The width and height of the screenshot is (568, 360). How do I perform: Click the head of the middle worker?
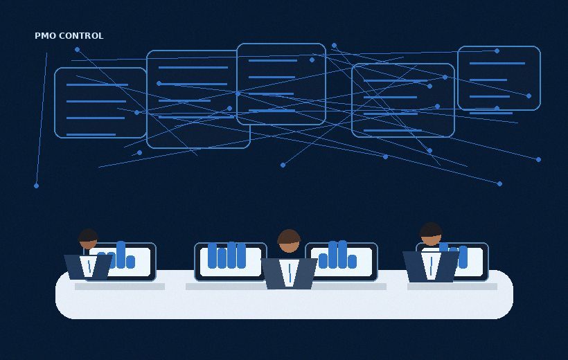pyautogui.click(x=289, y=241)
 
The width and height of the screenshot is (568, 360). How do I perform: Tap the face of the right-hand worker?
pyautogui.click(x=431, y=240)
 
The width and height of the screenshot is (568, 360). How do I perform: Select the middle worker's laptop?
pyautogui.click(x=289, y=273)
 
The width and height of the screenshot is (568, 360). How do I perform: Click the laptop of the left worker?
pyautogui.click(x=88, y=267)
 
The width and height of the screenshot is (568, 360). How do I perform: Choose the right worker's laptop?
pyautogui.click(x=431, y=267)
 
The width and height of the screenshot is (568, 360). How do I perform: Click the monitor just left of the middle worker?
pyautogui.click(x=231, y=262)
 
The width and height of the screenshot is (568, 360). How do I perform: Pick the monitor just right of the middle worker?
pyautogui.click(x=341, y=262)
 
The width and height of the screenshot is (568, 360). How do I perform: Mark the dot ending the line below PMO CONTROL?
pyautogui.click(x=36, y=186)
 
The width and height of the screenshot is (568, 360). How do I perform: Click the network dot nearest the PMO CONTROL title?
pyautogui.click(x=77, y=50)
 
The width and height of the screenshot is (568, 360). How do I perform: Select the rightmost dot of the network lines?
pyautogui.click(x=538, y=159)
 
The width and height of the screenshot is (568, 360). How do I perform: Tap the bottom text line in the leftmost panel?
pyautogui.click(x=91, y=135)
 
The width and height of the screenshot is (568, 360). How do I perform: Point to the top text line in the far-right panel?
pyautogui.click(x=497, y=64)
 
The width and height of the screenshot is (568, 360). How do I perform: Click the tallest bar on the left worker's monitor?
pyautogui.click(x=121, y=255)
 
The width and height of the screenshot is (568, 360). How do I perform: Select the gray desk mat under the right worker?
pyautogui.click(x=452, y=287)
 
